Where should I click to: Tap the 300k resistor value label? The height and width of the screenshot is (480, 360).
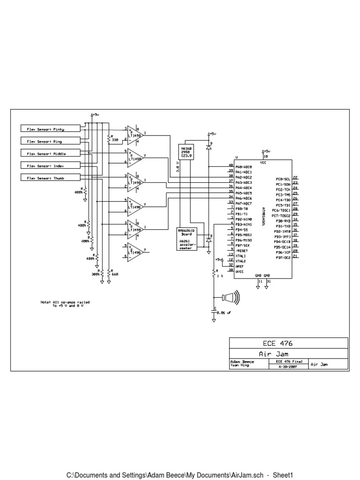(96, 274)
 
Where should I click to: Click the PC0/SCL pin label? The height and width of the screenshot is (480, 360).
(283, 179)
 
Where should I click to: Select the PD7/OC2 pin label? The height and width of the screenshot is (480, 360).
(283, 257)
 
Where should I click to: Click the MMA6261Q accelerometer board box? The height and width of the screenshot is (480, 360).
(187, 239)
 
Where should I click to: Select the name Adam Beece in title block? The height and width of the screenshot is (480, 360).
(242, 362)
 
